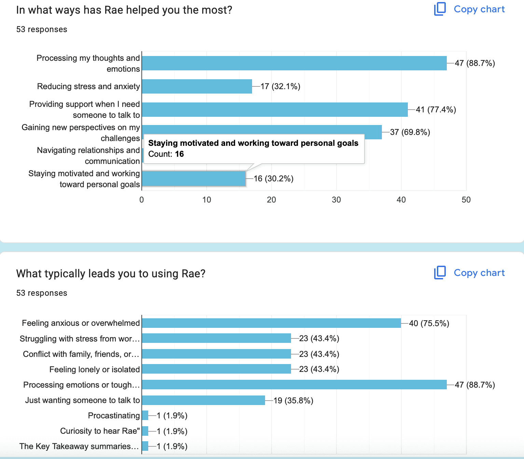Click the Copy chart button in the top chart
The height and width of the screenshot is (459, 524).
[x=470, y=9]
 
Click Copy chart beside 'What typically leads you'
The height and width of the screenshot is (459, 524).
[x=470, y=273]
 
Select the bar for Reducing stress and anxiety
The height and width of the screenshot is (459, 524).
[x=197, y=86]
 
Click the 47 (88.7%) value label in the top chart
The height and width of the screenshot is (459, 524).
[x=474, y=63]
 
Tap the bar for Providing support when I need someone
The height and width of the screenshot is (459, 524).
[x=275, y=110]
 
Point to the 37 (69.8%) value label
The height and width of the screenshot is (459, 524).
[x=410, y=132]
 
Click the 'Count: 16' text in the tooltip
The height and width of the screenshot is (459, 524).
[x=166, y=154]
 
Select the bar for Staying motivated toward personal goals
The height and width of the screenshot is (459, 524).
[x=194, y=179]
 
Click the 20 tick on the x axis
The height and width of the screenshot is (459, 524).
[x=272, y=200]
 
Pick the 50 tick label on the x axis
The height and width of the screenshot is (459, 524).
[x=466, y=200]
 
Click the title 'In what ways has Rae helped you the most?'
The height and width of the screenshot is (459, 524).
[x=124, y=10]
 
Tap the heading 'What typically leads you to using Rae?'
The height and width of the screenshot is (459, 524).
[x=111, y=274]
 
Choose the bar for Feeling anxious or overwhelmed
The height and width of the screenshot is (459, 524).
[x=271, y=323]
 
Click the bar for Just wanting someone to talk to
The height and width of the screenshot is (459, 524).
[x=203, y=400]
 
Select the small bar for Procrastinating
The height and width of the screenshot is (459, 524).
[x=145, y=416]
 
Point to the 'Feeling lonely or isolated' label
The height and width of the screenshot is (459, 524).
[x=94, y=370]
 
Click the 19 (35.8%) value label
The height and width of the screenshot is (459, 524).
[x=293, y=401]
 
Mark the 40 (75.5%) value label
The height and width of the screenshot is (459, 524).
[x=429, y=323]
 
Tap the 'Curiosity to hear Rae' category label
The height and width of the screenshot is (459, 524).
[x=100, y=431]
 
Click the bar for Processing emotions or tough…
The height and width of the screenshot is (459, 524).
[x=294, y=385]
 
